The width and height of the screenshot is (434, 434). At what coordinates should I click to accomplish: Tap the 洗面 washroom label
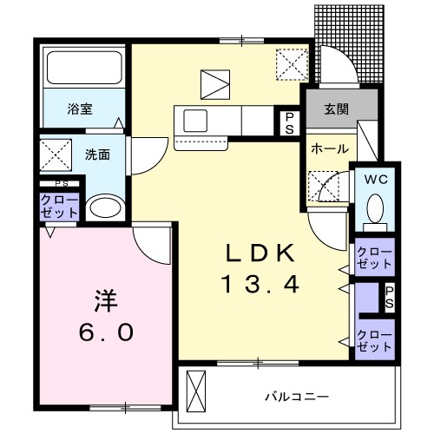96,154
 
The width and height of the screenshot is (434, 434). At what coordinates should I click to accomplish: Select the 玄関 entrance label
337,109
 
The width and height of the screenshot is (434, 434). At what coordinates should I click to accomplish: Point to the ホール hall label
325,148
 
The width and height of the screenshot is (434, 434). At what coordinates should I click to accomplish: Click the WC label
376,180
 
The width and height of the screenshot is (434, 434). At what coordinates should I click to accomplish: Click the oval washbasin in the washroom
106,208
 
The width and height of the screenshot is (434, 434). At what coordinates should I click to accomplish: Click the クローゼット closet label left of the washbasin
59,207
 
